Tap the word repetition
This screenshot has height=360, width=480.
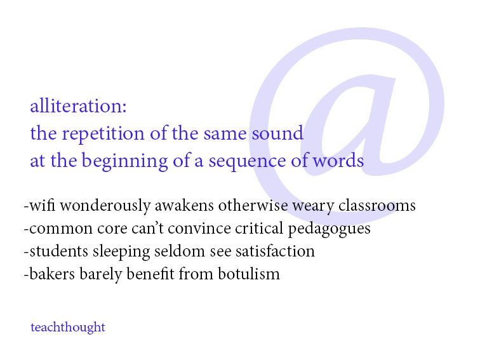(x=103, y=134)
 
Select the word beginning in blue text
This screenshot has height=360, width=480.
(x=124, y=161)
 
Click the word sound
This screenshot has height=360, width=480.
(x=277, y=133)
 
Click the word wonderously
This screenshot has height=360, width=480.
(x=105, y=206)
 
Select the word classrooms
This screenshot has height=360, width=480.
(x=377, y=205)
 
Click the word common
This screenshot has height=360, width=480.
(x=60, y=229)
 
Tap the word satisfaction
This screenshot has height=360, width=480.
(x=275, y=251)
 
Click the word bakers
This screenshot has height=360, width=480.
(x=52, y=274)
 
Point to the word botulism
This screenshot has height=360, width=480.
(x=249, y=274)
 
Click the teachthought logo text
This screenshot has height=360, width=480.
(x=68, y=328)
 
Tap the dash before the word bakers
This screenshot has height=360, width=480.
(x=26, y=274)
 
